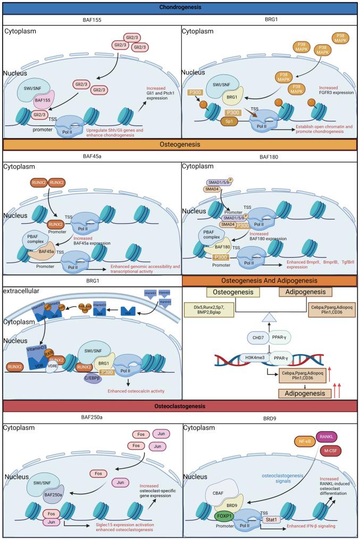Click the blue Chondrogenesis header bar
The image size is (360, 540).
[x=180, y=7]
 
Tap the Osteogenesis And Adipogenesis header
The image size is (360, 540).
[x=270, y=281]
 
